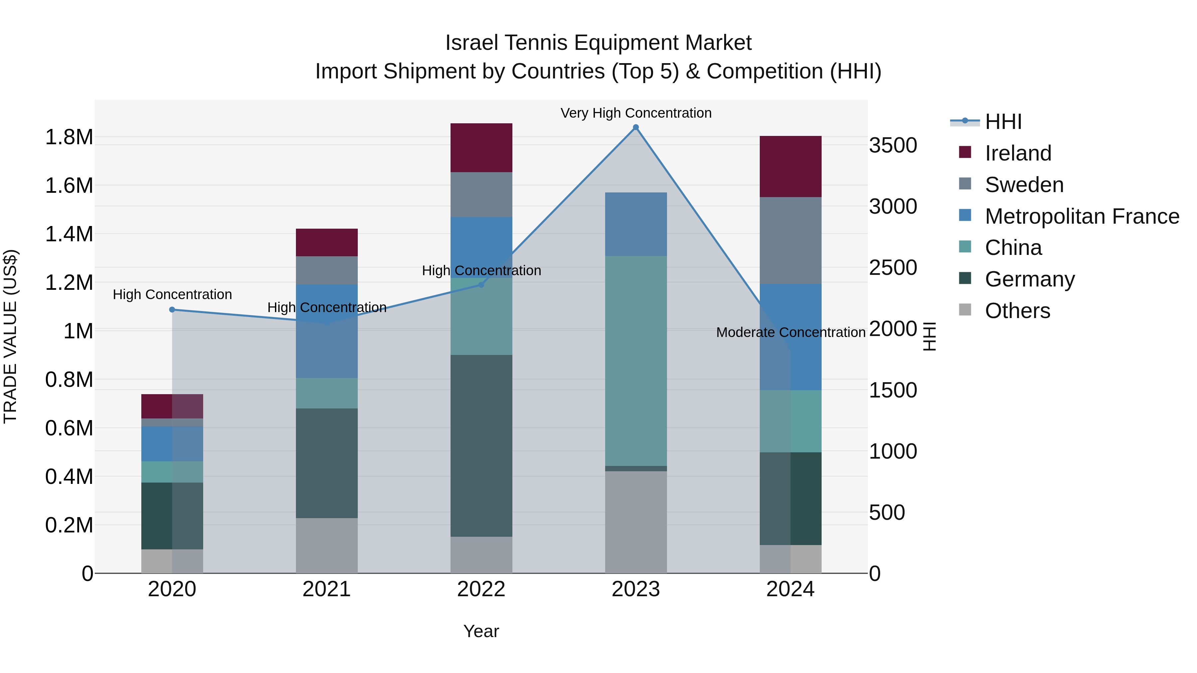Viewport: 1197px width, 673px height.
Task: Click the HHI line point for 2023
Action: pyautogui.click(x=636, y=127)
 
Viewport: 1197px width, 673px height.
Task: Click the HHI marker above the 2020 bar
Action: pyautogui.click(x=172, y=309)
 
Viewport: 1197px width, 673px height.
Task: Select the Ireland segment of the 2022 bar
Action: pyautogui.click(x=481, y=148)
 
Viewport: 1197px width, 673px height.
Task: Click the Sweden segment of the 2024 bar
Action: pyautogui.click(x=790, y=240)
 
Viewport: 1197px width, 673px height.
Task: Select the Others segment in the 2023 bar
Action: pyautogui.click(x=636, y=522)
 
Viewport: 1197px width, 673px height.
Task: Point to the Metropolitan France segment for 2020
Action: pyautogui.click(x=172, y=444)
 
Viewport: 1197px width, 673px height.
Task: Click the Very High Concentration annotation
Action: pyautogui.click(x=636, y=113)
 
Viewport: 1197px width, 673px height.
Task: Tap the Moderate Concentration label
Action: pyautogui.click(x=790, y=333)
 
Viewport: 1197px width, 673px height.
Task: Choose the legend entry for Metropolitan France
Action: pyautogui.click(x=1082, y=216)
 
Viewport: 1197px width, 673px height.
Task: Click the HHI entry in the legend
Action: pyautogui.click(x=1003, y=122)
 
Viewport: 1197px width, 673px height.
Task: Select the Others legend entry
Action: pyautogui.click(x=1017, y=311)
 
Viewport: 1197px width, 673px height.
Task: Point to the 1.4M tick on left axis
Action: pyautogui.click(x=69, y=234)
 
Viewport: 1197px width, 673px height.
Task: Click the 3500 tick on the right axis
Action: pyautogui.click(x=893, y=145)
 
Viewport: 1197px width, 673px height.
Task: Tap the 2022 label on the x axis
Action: pyautogui.click(x=481, y=589)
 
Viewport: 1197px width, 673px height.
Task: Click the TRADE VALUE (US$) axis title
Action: pyautogui.click(x=10, y=336)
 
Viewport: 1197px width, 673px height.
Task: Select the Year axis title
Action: pyautogui.click(x=481, y=631)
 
